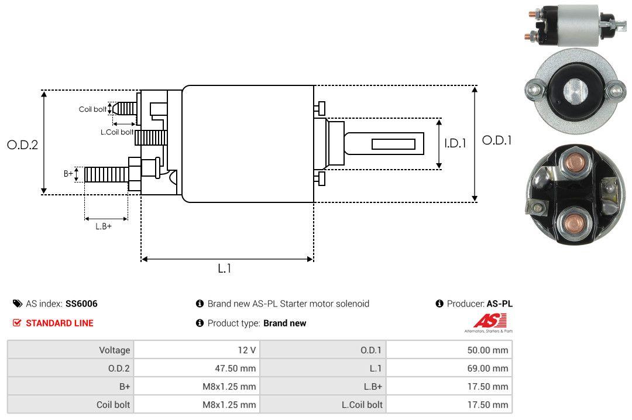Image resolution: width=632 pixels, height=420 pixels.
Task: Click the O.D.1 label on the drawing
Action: click(496, 140)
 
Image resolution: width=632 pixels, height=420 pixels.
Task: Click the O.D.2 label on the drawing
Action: click(22, 144)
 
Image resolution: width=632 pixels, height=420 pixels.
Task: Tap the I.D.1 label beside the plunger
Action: click(455, 143)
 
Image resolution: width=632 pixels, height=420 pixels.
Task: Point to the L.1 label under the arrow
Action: click(225, 268)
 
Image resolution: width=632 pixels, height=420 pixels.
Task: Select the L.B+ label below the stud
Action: click(104, 226)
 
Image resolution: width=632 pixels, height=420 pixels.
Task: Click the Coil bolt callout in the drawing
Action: click(92, 109)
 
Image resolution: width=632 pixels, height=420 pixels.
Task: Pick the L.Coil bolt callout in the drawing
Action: click(116, 132)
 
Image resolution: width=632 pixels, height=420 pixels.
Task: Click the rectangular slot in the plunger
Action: click(393, 144)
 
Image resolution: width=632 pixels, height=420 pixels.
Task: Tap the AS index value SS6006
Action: click(81, 304)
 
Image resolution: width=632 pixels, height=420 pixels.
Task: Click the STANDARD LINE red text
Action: click(59, 323)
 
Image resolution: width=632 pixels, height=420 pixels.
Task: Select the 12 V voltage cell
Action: click(246, 350)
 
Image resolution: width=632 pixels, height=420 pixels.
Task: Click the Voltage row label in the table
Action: click(114, 350)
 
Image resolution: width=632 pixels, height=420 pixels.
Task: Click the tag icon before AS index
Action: click(18, 304)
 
